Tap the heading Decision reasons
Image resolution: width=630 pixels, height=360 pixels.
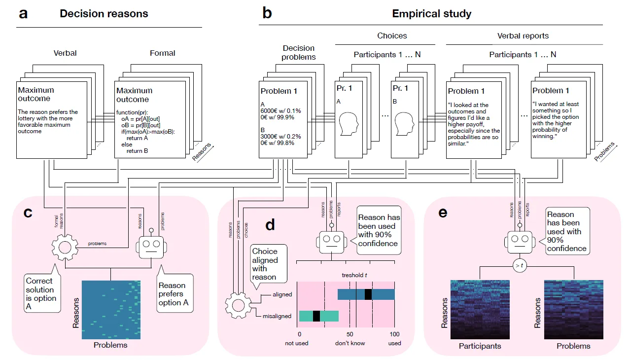[x=104, y=14]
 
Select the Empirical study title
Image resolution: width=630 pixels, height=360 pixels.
[x=431, y=14]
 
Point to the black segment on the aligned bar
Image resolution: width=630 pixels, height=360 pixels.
[x=368, y=294]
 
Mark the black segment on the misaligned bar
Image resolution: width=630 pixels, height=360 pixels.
[x=316, y=316]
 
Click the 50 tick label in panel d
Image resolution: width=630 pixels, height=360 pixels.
[x=350, y=333]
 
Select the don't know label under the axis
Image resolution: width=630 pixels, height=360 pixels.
[x=350, y=343]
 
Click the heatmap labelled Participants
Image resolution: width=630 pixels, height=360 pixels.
[x=480, y=309]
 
